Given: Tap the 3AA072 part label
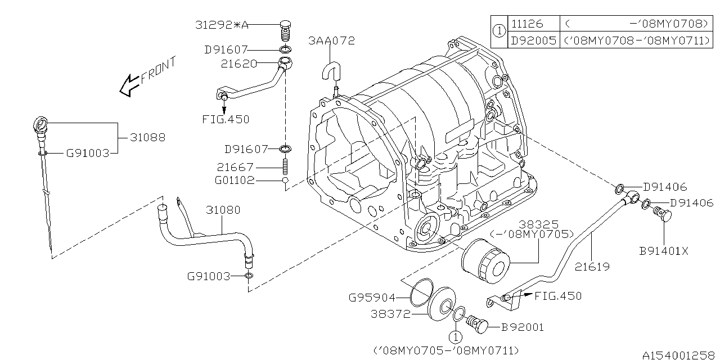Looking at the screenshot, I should point(331,40).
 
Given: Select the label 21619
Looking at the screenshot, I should point(592,267).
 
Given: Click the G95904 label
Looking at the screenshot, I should point(372,298).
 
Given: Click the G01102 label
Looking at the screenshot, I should point(234,181).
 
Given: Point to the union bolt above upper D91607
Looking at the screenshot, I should point(287,28).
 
